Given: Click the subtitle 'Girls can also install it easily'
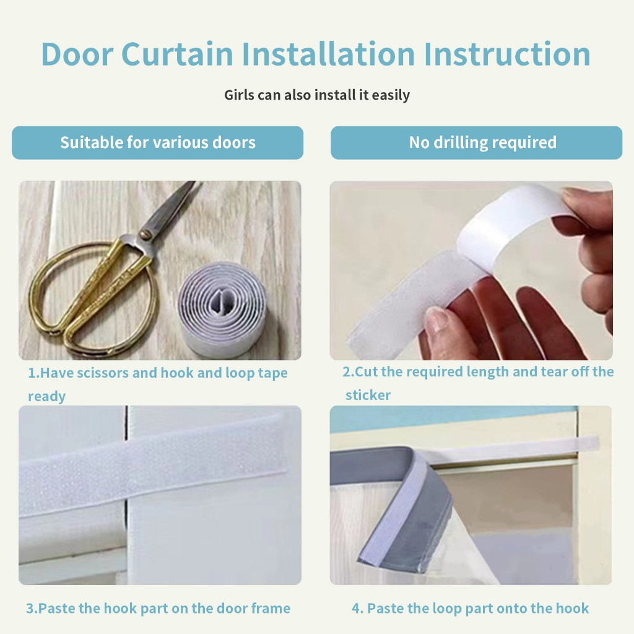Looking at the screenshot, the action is tap(317, 95).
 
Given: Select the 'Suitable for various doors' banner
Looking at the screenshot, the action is tap(158, 142).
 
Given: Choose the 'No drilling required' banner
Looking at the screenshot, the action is tap(476, 142).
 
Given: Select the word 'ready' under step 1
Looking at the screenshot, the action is tap(46, 396).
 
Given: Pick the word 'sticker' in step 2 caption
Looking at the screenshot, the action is tap(368, 395).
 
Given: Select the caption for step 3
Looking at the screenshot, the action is tap(158, 608).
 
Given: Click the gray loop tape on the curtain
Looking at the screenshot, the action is tap(409, 510).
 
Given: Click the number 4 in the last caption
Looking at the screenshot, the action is tap(356, 609).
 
